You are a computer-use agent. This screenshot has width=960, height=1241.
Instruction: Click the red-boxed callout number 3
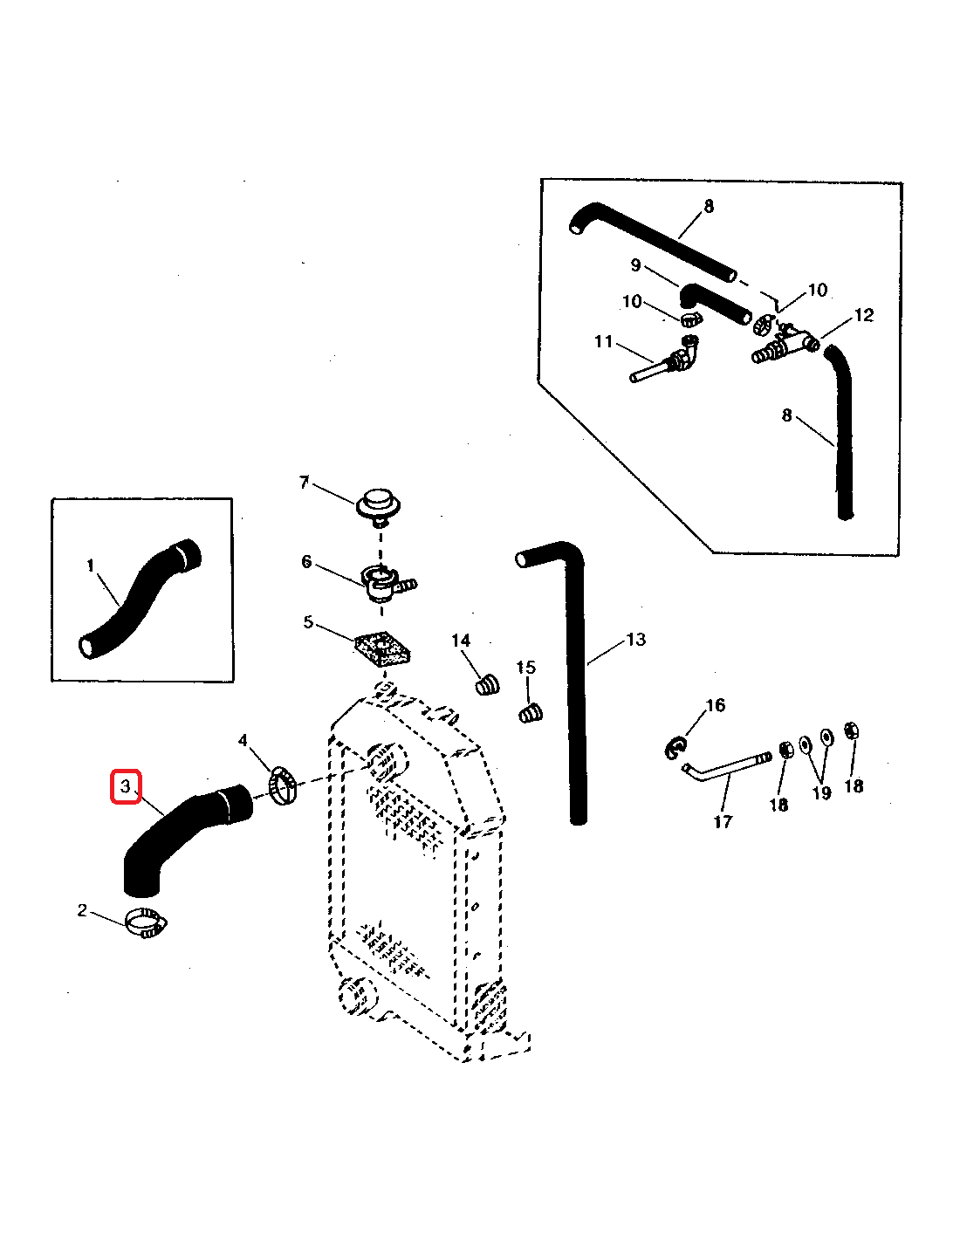point(126,786)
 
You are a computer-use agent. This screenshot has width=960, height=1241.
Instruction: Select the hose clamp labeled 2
point(145,922)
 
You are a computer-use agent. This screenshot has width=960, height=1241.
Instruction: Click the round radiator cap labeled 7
point(379,504)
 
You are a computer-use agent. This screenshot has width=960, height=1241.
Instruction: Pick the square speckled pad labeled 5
point(382,649)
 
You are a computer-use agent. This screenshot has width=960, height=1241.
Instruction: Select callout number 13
point(636,640)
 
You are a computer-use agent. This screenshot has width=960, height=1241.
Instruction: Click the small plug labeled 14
point(488,684)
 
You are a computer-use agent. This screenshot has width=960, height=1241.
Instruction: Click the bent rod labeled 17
point(724,768)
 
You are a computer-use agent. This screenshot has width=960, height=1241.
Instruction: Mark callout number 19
point(822,792)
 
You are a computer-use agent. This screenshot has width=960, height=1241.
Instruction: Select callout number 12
point(864,315)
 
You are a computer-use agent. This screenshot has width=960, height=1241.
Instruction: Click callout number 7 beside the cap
point(304,483)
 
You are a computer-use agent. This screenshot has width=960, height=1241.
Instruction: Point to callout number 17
point(723,821)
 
